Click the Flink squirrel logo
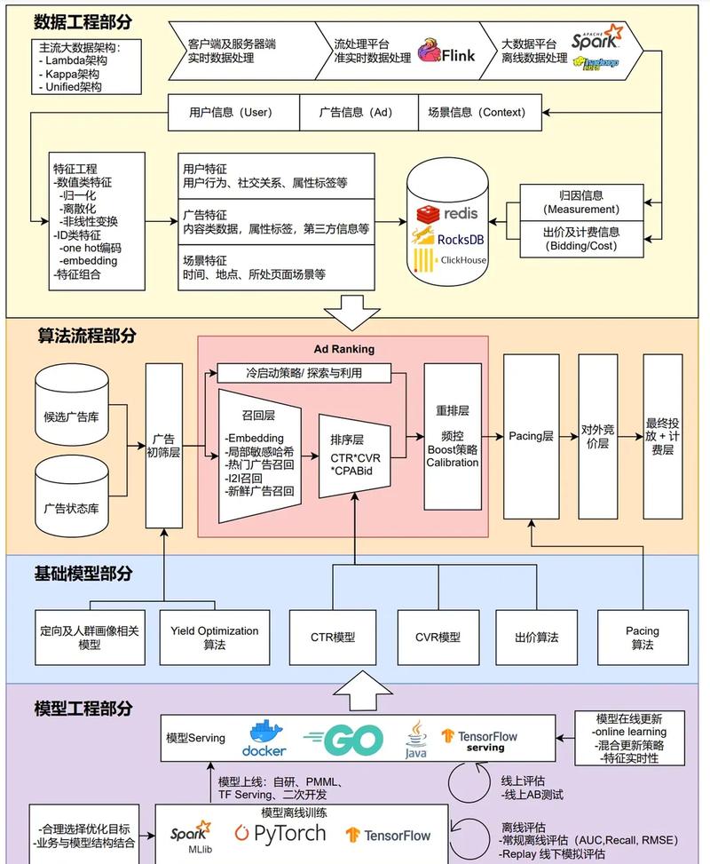(x=430, y=52)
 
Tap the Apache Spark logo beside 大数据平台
(x=596, y=38)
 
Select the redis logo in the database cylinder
(x=448, y=213)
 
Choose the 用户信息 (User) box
(x=231, y=113)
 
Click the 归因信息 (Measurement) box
(x=581, y=202)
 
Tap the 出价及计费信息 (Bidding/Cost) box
(x=581, y=238)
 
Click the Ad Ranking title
(x=343, y=349)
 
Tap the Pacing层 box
(x=531, y=436)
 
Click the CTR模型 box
(x=333, y=638)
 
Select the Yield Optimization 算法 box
(x=214, y=638)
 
